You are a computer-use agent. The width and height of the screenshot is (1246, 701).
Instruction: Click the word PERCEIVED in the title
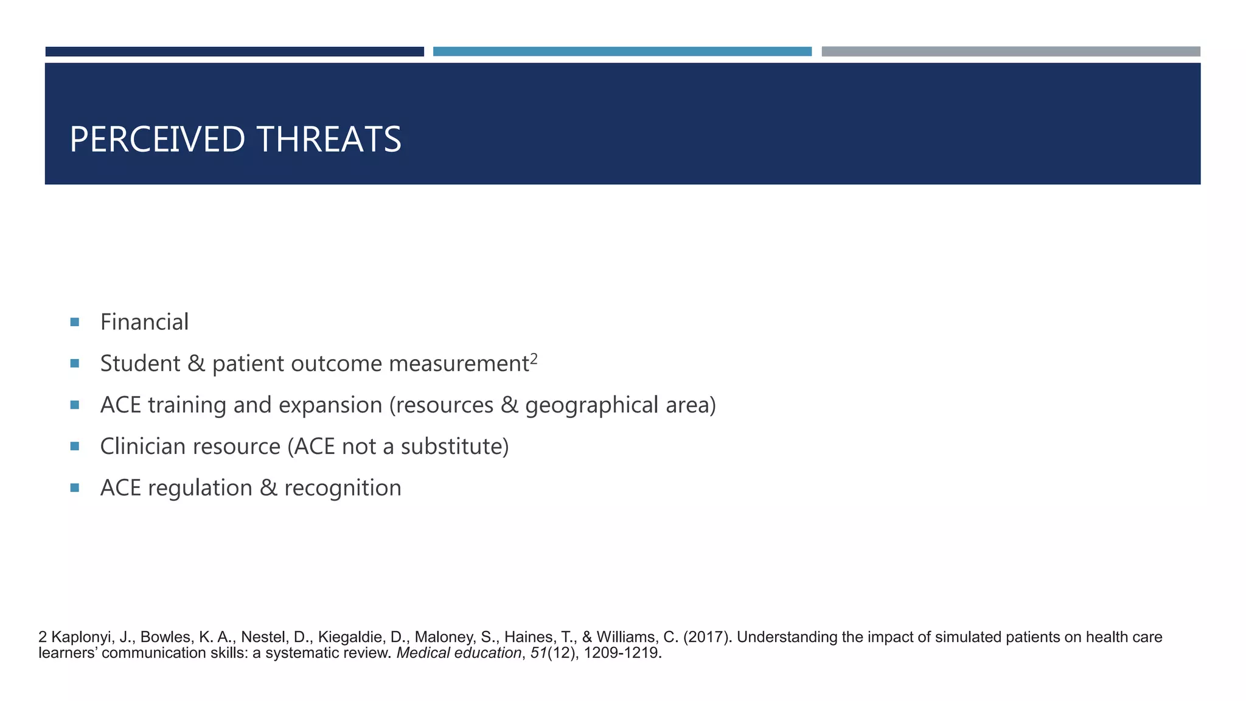click(x=157, y=139)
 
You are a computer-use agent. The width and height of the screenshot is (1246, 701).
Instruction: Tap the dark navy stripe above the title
click(x=234, y=52)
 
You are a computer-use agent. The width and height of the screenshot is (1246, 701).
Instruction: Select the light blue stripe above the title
click(x=622, y=52)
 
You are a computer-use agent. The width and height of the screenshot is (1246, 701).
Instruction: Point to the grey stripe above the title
click(x=1011, y=52)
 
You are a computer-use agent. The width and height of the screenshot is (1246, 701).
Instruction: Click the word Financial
click(x=144, y=322)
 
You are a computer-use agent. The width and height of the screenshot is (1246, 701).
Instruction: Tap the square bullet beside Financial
click(x=75, y=322)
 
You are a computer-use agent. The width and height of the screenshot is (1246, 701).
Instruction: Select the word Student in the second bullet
click(x=140, y=363)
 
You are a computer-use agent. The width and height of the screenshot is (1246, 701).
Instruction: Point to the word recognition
click(x=343, y=488)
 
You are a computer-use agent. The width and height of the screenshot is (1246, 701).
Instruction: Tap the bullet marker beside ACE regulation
click(x=75, y=487)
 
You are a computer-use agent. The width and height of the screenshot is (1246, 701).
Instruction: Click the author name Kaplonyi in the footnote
click(x=82, y=637)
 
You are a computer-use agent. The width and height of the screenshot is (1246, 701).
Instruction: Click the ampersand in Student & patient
click(x=196, y=363)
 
